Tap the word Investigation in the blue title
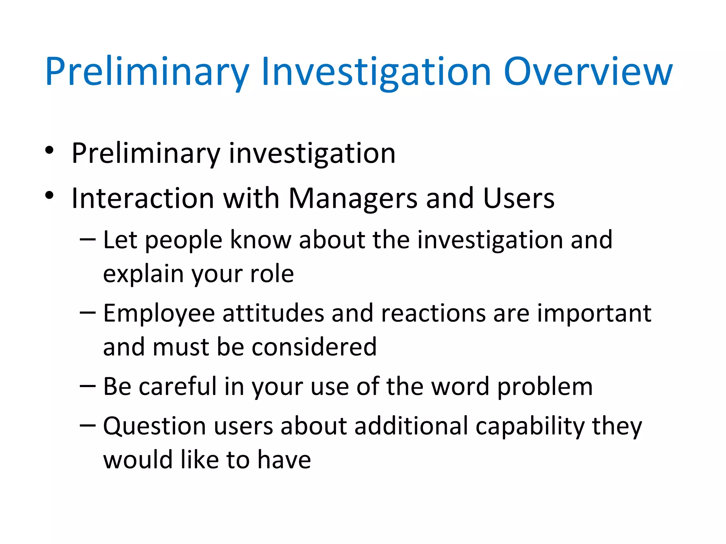tap(376, 72)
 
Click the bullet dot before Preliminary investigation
tap(49, 150)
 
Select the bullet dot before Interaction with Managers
tap(49, 195)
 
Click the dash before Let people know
tap(88, 240)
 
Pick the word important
tap(594, 314)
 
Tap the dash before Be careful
tap(88, 386)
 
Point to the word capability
tap(530, 426)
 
